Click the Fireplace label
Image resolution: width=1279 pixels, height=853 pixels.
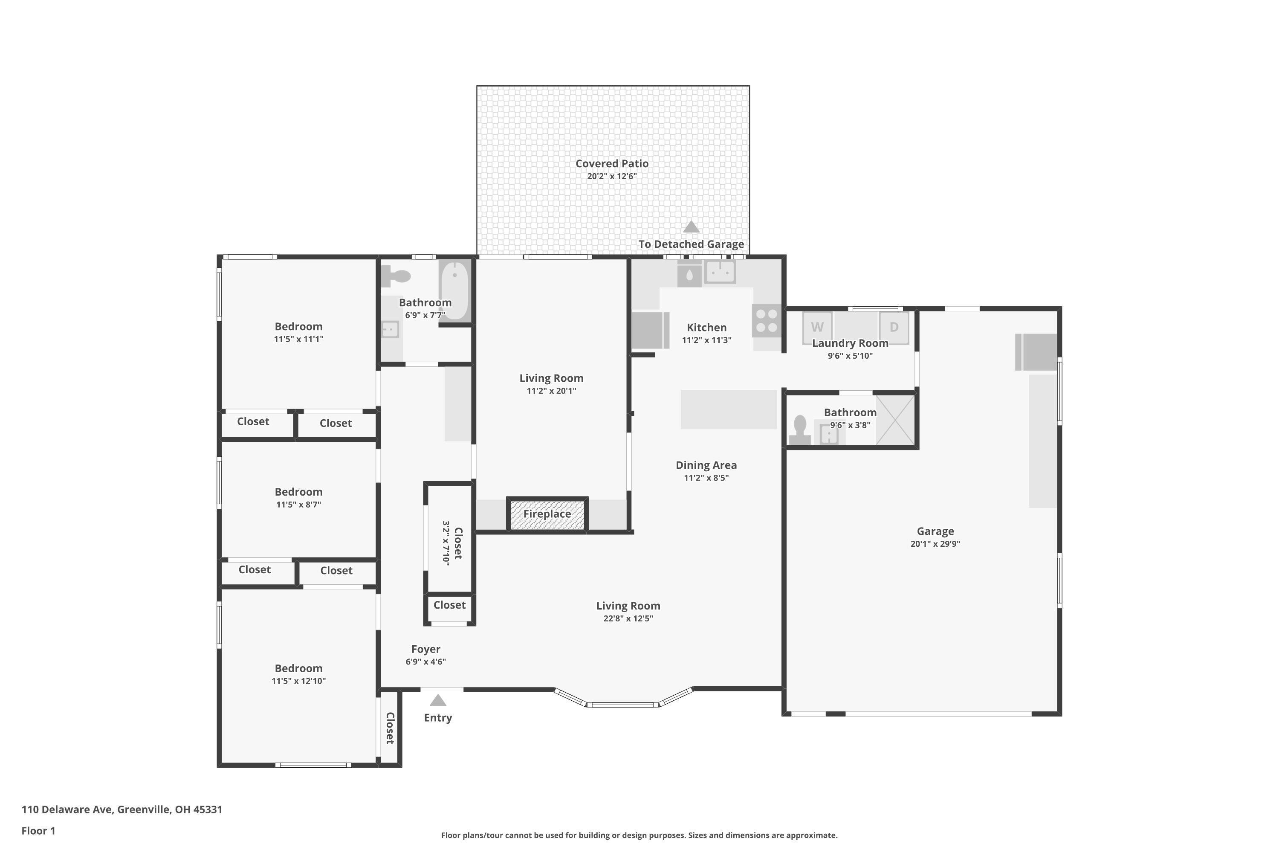pyautogui.click(x=547, y=514)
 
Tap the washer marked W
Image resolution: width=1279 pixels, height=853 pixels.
pyautogui.click(x=817, y=327)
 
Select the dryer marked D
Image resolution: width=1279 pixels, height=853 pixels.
pyautogui.click(x=894, y=327)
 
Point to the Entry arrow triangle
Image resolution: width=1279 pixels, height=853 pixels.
pyautogui.click(x=438, y=700)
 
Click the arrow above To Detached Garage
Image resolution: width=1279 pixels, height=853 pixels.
pyautogui.click(x=691, y=226)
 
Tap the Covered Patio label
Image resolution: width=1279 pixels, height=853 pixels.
pyautogui.click(x=612, y=163)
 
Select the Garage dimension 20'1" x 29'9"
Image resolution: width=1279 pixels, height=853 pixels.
pyautogui.click(x=935, y=543)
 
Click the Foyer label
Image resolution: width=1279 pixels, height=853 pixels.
pyautogui.click(x=426, y=649)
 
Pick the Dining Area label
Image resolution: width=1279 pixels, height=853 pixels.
pyautogui.click(x=706, y=465)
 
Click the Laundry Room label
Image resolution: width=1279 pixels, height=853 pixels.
pyautogui.click(x=850, y=343)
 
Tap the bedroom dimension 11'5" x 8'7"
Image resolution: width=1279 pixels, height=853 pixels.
pyautogui.click(x=298, y=504)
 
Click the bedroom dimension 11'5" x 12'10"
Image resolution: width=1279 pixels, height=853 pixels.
pyautogui.click(x=298, y=681)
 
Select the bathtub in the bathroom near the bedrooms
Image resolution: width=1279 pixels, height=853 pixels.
pyautogui.click(x=454, y=291)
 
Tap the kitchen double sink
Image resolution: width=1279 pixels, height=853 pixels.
pyautogui.click(x=721, y=271)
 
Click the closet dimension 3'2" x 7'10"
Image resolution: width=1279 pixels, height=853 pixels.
pyautogui.click(x=446, y=543)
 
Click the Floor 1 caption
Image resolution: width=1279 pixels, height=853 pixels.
pyautogui.click(x=38, y=831)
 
